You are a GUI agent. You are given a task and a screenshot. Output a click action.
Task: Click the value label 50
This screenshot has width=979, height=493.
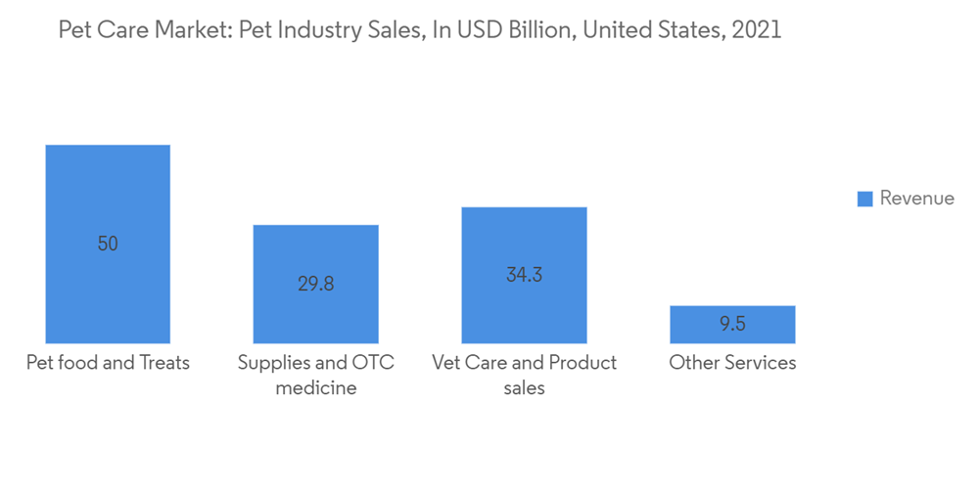(108, 244)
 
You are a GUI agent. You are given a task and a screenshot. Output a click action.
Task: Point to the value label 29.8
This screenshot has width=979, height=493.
(315, 285)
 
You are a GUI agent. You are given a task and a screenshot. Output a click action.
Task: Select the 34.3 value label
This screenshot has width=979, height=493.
(524, 275)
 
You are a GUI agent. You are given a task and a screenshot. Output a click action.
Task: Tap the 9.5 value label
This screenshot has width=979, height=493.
(732, 325)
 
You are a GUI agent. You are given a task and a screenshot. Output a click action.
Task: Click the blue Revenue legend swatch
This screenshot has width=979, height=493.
(864, 199)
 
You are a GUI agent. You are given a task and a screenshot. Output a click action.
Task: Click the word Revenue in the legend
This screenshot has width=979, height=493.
(916, 199)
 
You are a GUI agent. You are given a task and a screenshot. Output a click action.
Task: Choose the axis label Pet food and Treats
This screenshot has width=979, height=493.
(108, 363)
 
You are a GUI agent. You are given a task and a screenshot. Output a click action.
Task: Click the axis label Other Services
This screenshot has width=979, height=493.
(732, 363)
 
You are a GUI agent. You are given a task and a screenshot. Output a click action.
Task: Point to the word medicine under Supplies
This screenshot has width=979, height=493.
(315, 388)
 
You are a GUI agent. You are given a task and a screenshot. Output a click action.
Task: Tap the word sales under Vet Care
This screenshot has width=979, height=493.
(524, 388)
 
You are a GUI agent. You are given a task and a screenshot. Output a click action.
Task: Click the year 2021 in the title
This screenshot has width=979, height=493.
(755, 30)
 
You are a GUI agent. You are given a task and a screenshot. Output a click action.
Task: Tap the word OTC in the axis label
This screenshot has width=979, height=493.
(373, 363)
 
